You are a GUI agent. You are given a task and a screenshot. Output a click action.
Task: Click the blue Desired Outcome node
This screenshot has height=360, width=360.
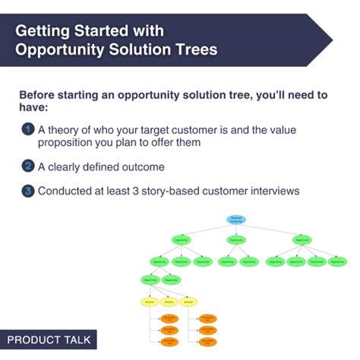[237, 219]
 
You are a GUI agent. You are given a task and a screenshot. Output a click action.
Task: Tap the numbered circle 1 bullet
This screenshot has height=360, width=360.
[27, 128]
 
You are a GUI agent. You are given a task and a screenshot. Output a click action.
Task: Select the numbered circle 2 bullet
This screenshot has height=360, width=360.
[27, 166]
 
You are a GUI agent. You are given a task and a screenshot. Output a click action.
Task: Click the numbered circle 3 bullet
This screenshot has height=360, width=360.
[27, 190]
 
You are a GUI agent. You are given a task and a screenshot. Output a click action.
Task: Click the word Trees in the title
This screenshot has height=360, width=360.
[191, 50]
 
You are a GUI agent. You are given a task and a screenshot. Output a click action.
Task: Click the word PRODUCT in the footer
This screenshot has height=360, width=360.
[34, 339]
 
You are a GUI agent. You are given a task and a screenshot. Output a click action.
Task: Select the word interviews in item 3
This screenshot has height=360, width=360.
[271, 191]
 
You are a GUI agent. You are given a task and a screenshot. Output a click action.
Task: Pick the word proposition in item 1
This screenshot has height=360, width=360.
[73, 143]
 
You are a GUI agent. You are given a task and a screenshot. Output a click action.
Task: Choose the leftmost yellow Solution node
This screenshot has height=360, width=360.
[149, 302]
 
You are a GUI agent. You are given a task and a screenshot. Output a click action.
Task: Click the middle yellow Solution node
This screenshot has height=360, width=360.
[169, 302]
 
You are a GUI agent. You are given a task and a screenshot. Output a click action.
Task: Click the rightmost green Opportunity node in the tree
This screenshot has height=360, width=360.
[338, 262]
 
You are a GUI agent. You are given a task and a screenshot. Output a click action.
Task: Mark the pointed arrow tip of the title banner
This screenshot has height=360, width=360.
[331, 39]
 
